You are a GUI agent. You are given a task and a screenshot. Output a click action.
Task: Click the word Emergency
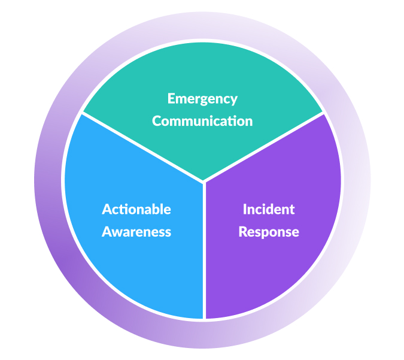point(202,99)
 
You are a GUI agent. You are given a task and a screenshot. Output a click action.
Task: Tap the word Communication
point(202,121)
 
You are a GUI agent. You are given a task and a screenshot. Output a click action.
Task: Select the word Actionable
point(136,209)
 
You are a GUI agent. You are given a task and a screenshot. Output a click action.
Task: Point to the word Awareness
point(136,232)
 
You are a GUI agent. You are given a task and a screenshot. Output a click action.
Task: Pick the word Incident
point(269,209)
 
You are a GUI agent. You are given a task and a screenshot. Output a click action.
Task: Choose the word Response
point(269,232)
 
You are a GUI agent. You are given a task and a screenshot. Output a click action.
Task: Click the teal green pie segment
point(202,66)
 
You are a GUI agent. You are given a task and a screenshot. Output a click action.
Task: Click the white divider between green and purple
point(263,147)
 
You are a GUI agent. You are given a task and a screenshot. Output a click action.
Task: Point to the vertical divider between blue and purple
point(204,252)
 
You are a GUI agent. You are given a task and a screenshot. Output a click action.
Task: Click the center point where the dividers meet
point(204,181)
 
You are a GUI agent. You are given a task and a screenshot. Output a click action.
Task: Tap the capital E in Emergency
point(171,99)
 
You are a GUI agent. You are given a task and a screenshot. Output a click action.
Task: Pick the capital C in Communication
point(157,121)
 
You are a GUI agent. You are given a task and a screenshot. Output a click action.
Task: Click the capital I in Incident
point(245,209)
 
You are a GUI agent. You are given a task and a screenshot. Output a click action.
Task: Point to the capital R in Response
point(242,232)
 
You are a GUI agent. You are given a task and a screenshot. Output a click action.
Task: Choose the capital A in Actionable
point(107,209)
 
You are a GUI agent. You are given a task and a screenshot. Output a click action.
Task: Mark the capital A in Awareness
point(107,232)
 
